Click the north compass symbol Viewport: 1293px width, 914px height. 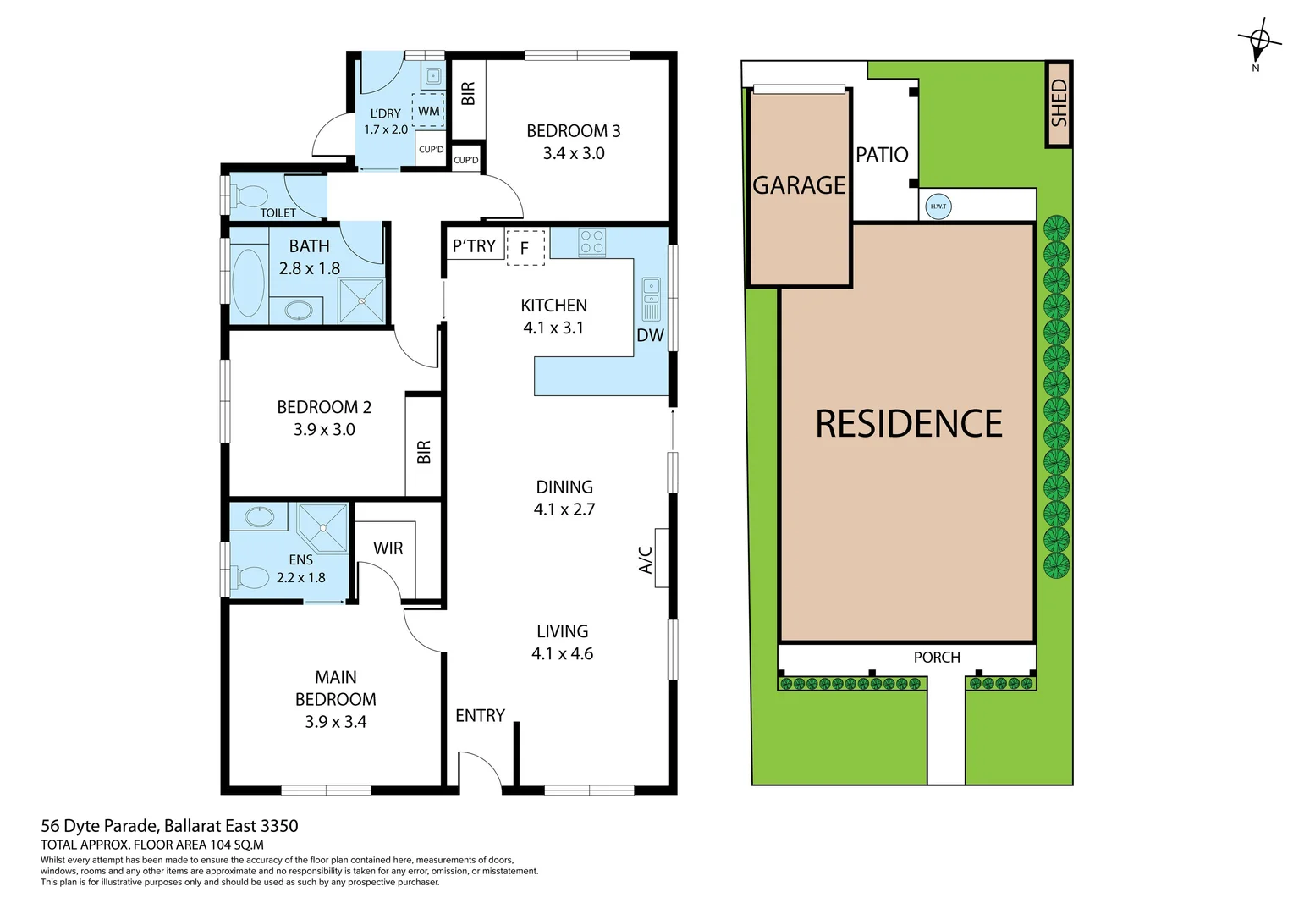click(x=1258, y=40)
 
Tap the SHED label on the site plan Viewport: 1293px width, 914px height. click(x=1059, y=103)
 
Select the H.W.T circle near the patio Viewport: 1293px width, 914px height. click(x=938, y=206)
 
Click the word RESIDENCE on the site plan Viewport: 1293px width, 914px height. click(x=908, y=424)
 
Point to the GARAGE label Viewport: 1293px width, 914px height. click(x=799, y=185)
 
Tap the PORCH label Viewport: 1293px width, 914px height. click(x=937, y=658)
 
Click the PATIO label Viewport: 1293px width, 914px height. click(x=882, y=155)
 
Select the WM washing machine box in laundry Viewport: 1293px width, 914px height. click(x=428, y=111)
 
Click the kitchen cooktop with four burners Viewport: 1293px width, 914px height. click(x=591, y=243)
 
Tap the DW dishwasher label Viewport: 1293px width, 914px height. click(x=650, y=335)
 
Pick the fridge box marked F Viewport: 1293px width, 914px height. click(x=525, y=248)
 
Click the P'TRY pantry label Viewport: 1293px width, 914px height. click(x=474, y=246)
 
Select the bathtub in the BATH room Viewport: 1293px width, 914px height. click(x=248, y=282)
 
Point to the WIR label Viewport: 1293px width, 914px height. click(x=388, y=548)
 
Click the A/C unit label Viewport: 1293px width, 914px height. click(x=646, y=559)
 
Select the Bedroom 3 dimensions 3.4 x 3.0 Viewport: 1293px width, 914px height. click(x=574, y=153)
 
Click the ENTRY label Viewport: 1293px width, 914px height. click(x=480, y=716)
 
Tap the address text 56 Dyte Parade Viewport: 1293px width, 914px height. click(x=99, y=826)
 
